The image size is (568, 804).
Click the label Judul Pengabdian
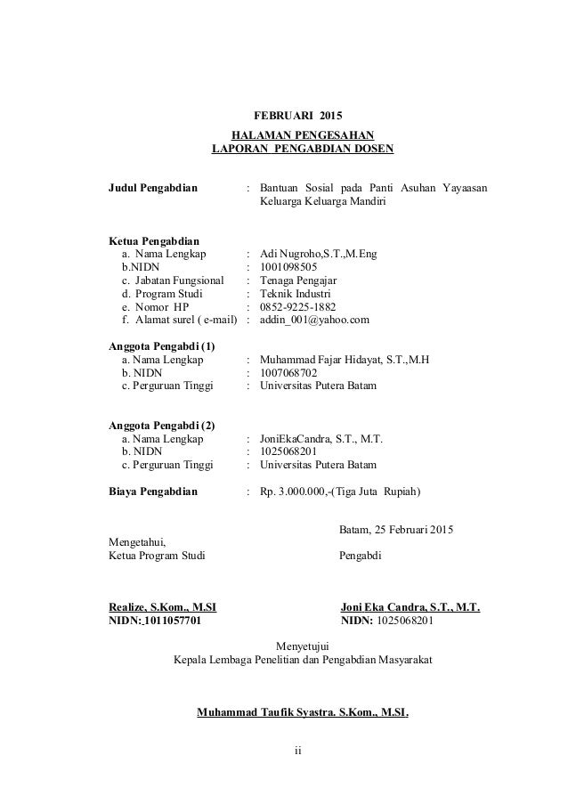(x=153, y=189)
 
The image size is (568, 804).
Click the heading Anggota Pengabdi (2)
(x=161, y=425)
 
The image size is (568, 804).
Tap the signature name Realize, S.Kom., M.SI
(x=161, y=608)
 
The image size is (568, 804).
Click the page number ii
(x=298, y=750)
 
